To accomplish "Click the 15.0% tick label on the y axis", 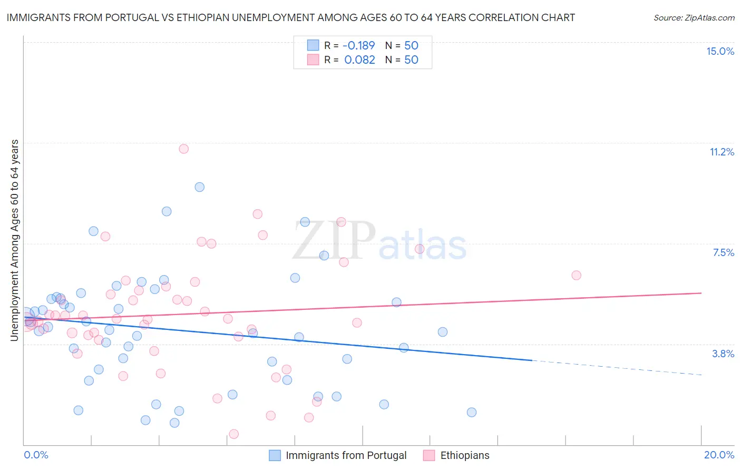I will [720, 51].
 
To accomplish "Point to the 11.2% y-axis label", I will [721, 152].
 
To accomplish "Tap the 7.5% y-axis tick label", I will [723, 252].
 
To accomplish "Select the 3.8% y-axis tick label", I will [723, 354].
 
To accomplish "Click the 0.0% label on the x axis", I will [36, 455].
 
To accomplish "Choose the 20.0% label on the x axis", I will [719, 455].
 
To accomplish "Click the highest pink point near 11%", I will [183, 149].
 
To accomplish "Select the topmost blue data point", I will [199, 187].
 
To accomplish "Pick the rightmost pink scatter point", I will [576, 276].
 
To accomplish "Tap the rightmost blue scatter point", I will [472, 412].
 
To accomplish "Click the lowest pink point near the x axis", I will [234, 434].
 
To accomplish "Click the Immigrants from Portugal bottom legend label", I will [346, 455].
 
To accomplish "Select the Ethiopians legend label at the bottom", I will [464, 455].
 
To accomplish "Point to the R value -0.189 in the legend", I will [358, 45].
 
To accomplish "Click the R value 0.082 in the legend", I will [359, 60].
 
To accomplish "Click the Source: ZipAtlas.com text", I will [694, 17].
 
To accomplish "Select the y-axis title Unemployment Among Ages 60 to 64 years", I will [15, 240].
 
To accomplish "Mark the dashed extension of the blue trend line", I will [617, 368].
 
